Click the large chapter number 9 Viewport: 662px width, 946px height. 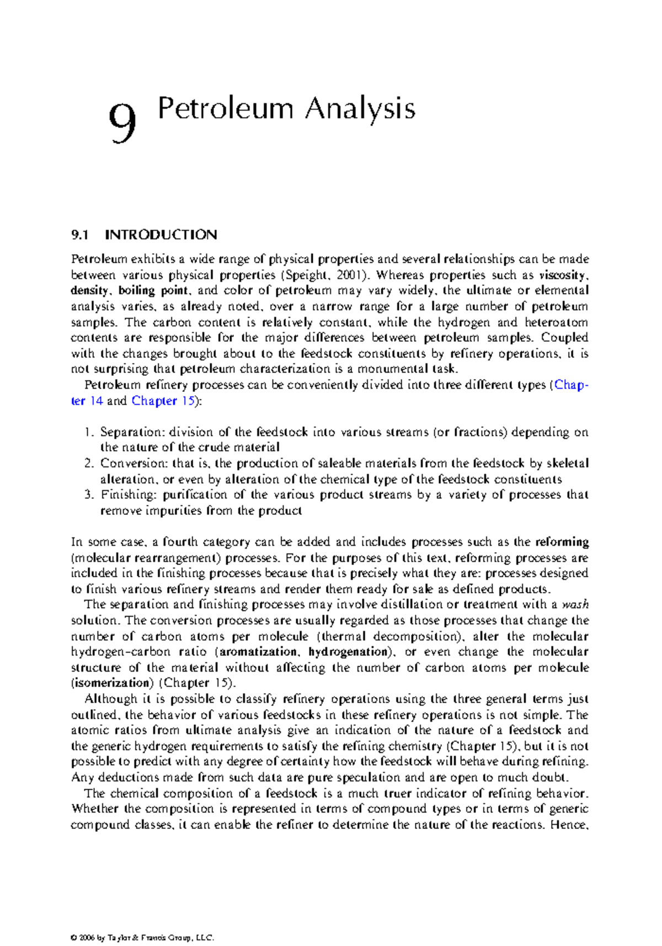pos(122,123)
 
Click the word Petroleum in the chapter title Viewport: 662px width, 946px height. pos(225,108)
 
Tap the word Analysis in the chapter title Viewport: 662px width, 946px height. pos(360,108)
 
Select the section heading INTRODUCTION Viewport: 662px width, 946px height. pos(161,235)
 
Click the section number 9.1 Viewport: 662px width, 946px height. pos(80,235)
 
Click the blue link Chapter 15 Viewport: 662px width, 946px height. pos(163,401)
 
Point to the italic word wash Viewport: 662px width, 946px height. pos(575,605)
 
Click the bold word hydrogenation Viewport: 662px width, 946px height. pos(348,652)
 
